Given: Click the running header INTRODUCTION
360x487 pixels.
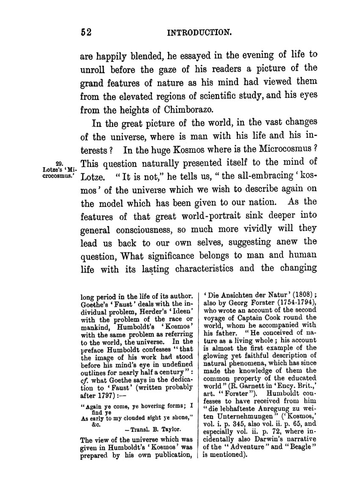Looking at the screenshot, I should click(199, 32).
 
